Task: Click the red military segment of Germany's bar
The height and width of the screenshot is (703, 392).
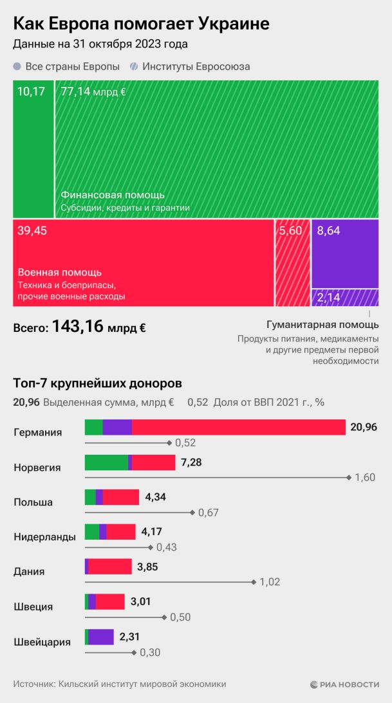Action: click(238, 427)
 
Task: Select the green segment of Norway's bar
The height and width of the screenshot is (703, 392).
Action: click(106, 462)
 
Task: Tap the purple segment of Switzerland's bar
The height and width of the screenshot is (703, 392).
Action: click(101, 637)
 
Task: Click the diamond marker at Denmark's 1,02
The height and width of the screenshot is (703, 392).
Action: click(255, 582)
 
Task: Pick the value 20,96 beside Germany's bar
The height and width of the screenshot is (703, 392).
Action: click(364, 427)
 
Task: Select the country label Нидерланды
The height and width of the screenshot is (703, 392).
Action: click(44, 537)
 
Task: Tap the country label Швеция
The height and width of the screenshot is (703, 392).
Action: click(33, 607)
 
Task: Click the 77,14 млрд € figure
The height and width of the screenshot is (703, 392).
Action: click(93, 91)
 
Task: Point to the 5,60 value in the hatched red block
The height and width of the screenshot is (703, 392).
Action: click(291, 231)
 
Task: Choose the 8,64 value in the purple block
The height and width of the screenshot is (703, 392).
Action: click(328, 231)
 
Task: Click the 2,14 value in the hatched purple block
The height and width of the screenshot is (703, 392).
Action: click(328, 298)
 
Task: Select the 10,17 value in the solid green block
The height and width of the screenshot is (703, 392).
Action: click(31, 91)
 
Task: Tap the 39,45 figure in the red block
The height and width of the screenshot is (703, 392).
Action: click(33, 231)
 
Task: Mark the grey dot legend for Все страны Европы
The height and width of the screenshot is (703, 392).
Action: click(17, 66)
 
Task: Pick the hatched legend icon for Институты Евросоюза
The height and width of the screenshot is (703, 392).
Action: click(134, 66)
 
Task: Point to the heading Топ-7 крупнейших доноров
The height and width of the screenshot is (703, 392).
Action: click(97, 383)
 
